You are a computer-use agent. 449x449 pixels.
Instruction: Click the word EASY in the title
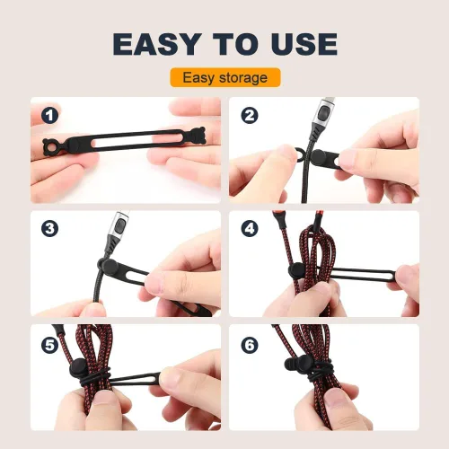point(155,44)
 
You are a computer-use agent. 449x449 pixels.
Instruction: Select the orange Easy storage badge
point(225,78)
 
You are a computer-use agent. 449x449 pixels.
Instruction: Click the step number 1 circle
point(49,116)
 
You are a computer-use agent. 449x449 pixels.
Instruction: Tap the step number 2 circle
point(250,116)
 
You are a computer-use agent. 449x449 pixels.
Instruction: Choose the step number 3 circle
point(49,229)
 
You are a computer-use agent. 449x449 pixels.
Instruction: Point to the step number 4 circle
point(250,229)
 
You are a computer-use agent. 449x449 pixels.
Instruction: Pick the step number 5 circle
point(49,346)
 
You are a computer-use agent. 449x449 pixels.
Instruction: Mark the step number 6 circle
point(250,346)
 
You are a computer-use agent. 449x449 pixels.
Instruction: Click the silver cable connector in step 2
point(324,112)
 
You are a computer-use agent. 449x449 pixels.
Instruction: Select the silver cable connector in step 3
point(121,224)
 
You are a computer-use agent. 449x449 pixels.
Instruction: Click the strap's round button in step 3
point(109,267)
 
